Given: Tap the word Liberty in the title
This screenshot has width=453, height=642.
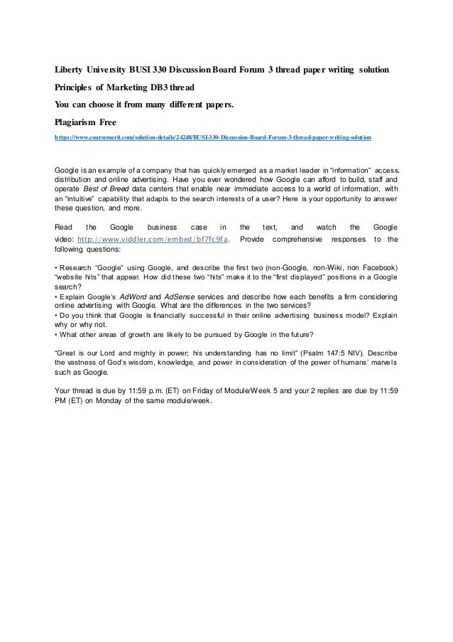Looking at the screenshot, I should click(x=71, y=73).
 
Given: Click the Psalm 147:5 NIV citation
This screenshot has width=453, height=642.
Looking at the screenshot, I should click(x=280, y=353).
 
